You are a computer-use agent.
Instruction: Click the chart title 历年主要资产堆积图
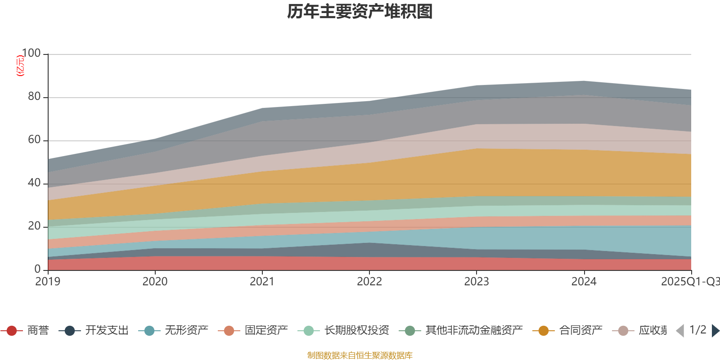360,12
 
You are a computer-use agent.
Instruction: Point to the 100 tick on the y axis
31,54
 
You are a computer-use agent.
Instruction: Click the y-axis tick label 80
34,96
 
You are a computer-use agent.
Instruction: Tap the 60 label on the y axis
34,139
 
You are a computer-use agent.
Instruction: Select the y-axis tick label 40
34,183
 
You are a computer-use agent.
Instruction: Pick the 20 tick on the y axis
34,226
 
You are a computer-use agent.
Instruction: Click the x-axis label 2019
48,282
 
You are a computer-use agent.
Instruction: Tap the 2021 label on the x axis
262,282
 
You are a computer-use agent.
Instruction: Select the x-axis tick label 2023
477,282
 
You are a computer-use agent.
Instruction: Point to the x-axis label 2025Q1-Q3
690,282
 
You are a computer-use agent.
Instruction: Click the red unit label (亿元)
20,66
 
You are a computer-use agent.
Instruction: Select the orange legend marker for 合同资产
544,331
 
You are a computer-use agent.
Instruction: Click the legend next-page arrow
715,331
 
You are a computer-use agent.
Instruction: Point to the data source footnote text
360,355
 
